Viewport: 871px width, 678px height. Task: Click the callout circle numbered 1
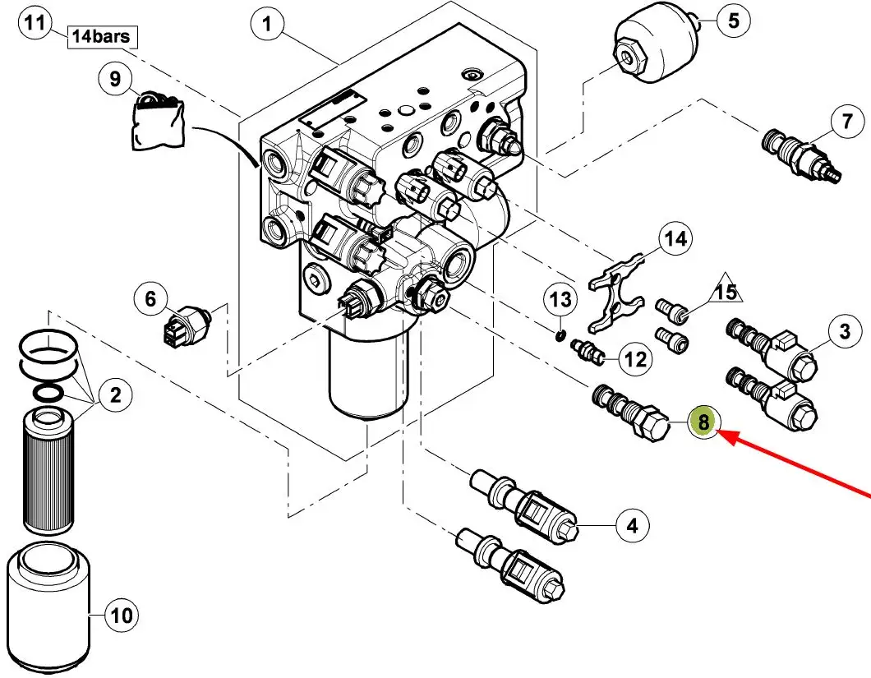tap(267, 25)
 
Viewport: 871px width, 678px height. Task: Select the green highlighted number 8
tap(703, 422)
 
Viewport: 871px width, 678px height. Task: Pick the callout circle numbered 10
tap(121, 614)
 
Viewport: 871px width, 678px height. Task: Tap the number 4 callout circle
tap(632, 524)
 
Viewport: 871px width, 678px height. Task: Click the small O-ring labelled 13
tap(558, 334)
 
